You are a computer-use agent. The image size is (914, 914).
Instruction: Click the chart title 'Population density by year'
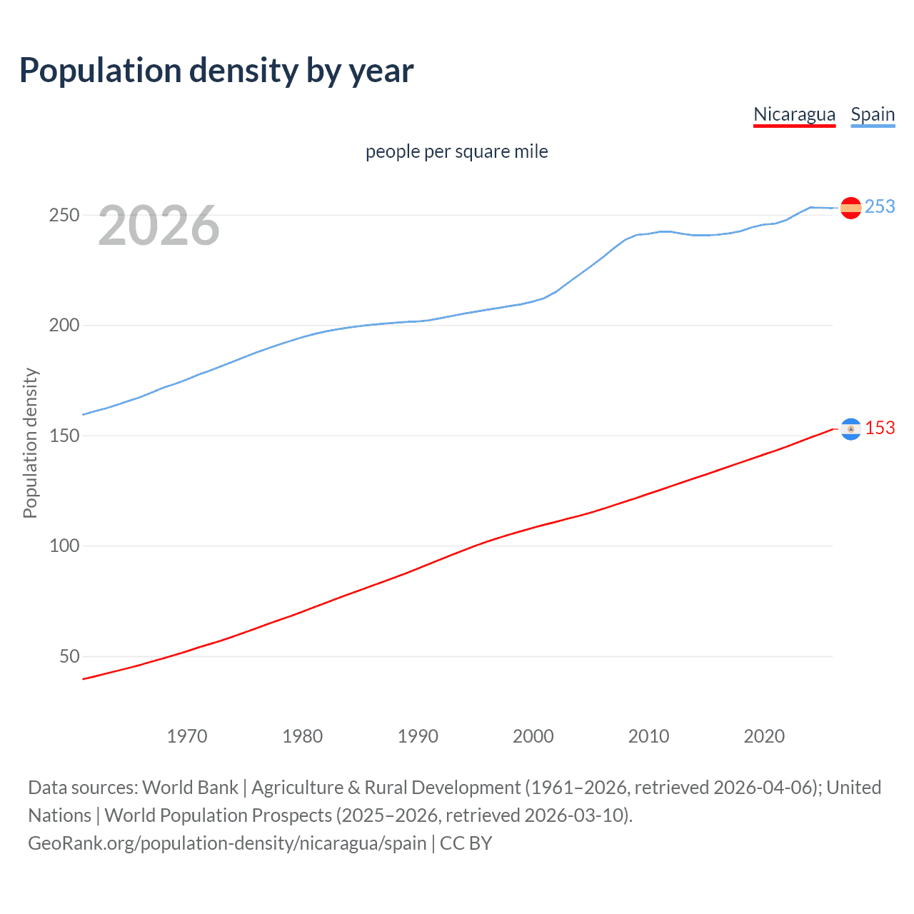216,70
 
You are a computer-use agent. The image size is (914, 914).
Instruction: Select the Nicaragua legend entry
794,114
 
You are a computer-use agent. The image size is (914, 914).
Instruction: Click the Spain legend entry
873,114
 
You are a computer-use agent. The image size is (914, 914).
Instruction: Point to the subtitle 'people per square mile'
456,151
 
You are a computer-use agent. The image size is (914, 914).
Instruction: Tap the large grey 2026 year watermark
159,226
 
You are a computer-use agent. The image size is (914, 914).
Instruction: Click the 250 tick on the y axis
64,215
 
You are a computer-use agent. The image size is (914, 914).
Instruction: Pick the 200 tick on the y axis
64,326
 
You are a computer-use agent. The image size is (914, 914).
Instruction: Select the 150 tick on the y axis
64,436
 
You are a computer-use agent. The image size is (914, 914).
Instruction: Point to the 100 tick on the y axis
64,546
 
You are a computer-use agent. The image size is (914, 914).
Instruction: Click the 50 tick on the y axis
69,656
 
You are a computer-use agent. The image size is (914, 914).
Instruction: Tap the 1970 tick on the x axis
187,736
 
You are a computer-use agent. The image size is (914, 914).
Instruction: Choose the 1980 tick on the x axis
303,736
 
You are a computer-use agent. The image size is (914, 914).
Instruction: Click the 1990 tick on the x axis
418,736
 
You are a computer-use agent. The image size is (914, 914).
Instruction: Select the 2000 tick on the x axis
533,736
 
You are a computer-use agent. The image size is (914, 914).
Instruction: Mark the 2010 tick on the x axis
648,736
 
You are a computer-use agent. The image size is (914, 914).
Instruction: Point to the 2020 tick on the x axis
764,736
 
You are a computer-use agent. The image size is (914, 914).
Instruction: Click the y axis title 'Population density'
30,443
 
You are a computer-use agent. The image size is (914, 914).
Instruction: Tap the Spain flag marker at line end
850,208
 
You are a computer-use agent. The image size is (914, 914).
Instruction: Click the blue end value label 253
880,206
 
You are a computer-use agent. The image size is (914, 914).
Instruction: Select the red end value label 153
880,428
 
